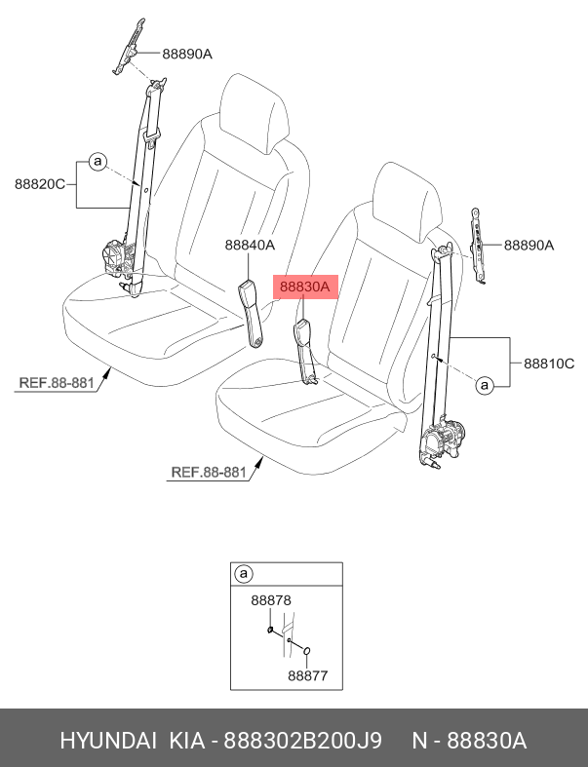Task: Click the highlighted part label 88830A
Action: point(305,287)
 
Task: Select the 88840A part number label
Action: point(250,245)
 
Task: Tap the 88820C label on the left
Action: point(40,184)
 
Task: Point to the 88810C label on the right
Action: point(549,364)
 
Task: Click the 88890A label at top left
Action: point(187,54)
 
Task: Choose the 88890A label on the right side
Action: point(529,245)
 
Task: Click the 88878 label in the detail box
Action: point(271,600)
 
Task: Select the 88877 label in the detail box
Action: point(307,675)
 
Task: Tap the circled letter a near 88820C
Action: point(98,161)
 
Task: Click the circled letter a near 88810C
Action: point(485,385)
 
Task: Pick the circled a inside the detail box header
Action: point(244,574)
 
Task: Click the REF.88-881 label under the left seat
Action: point(57,382)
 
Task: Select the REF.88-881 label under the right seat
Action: point(209,472)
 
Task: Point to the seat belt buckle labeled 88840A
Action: point(251,313)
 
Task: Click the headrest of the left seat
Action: point(253,113)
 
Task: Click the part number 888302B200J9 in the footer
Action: point(302,741)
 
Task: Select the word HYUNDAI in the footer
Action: point(108,741)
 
